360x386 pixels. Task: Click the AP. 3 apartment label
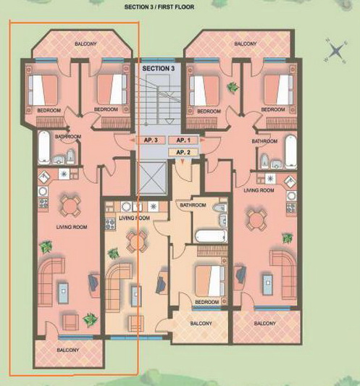tap(151, 140)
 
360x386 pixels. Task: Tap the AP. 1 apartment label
tap(183, 140)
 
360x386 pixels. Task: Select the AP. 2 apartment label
tap(183, 153)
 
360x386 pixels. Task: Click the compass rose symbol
tap(336, 51)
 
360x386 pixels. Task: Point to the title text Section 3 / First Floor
tap(159, 7)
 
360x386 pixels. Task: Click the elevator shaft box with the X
tap(151, 178)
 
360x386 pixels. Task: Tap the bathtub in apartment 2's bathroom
tap(212, 236)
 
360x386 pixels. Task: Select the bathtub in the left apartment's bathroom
tap(44, 147)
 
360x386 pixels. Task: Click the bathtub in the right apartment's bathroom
tap(290, 151)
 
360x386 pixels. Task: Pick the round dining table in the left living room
tap(70, 206)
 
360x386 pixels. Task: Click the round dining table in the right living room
tap(256, 220)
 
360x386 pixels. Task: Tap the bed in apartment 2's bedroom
tap(211, 281)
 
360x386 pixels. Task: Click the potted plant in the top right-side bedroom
tap(233, 87)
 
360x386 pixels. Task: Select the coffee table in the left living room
tap(63, 293)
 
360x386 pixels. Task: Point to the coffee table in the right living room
tap(268, 285)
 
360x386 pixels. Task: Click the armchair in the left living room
tap(71, 322)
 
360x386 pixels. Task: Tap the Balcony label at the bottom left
tap(68, 350)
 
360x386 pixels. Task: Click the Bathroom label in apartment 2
tap(193, 205)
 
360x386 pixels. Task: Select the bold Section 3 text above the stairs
tap(159, 68)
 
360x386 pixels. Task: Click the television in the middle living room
tap(162, 283)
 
